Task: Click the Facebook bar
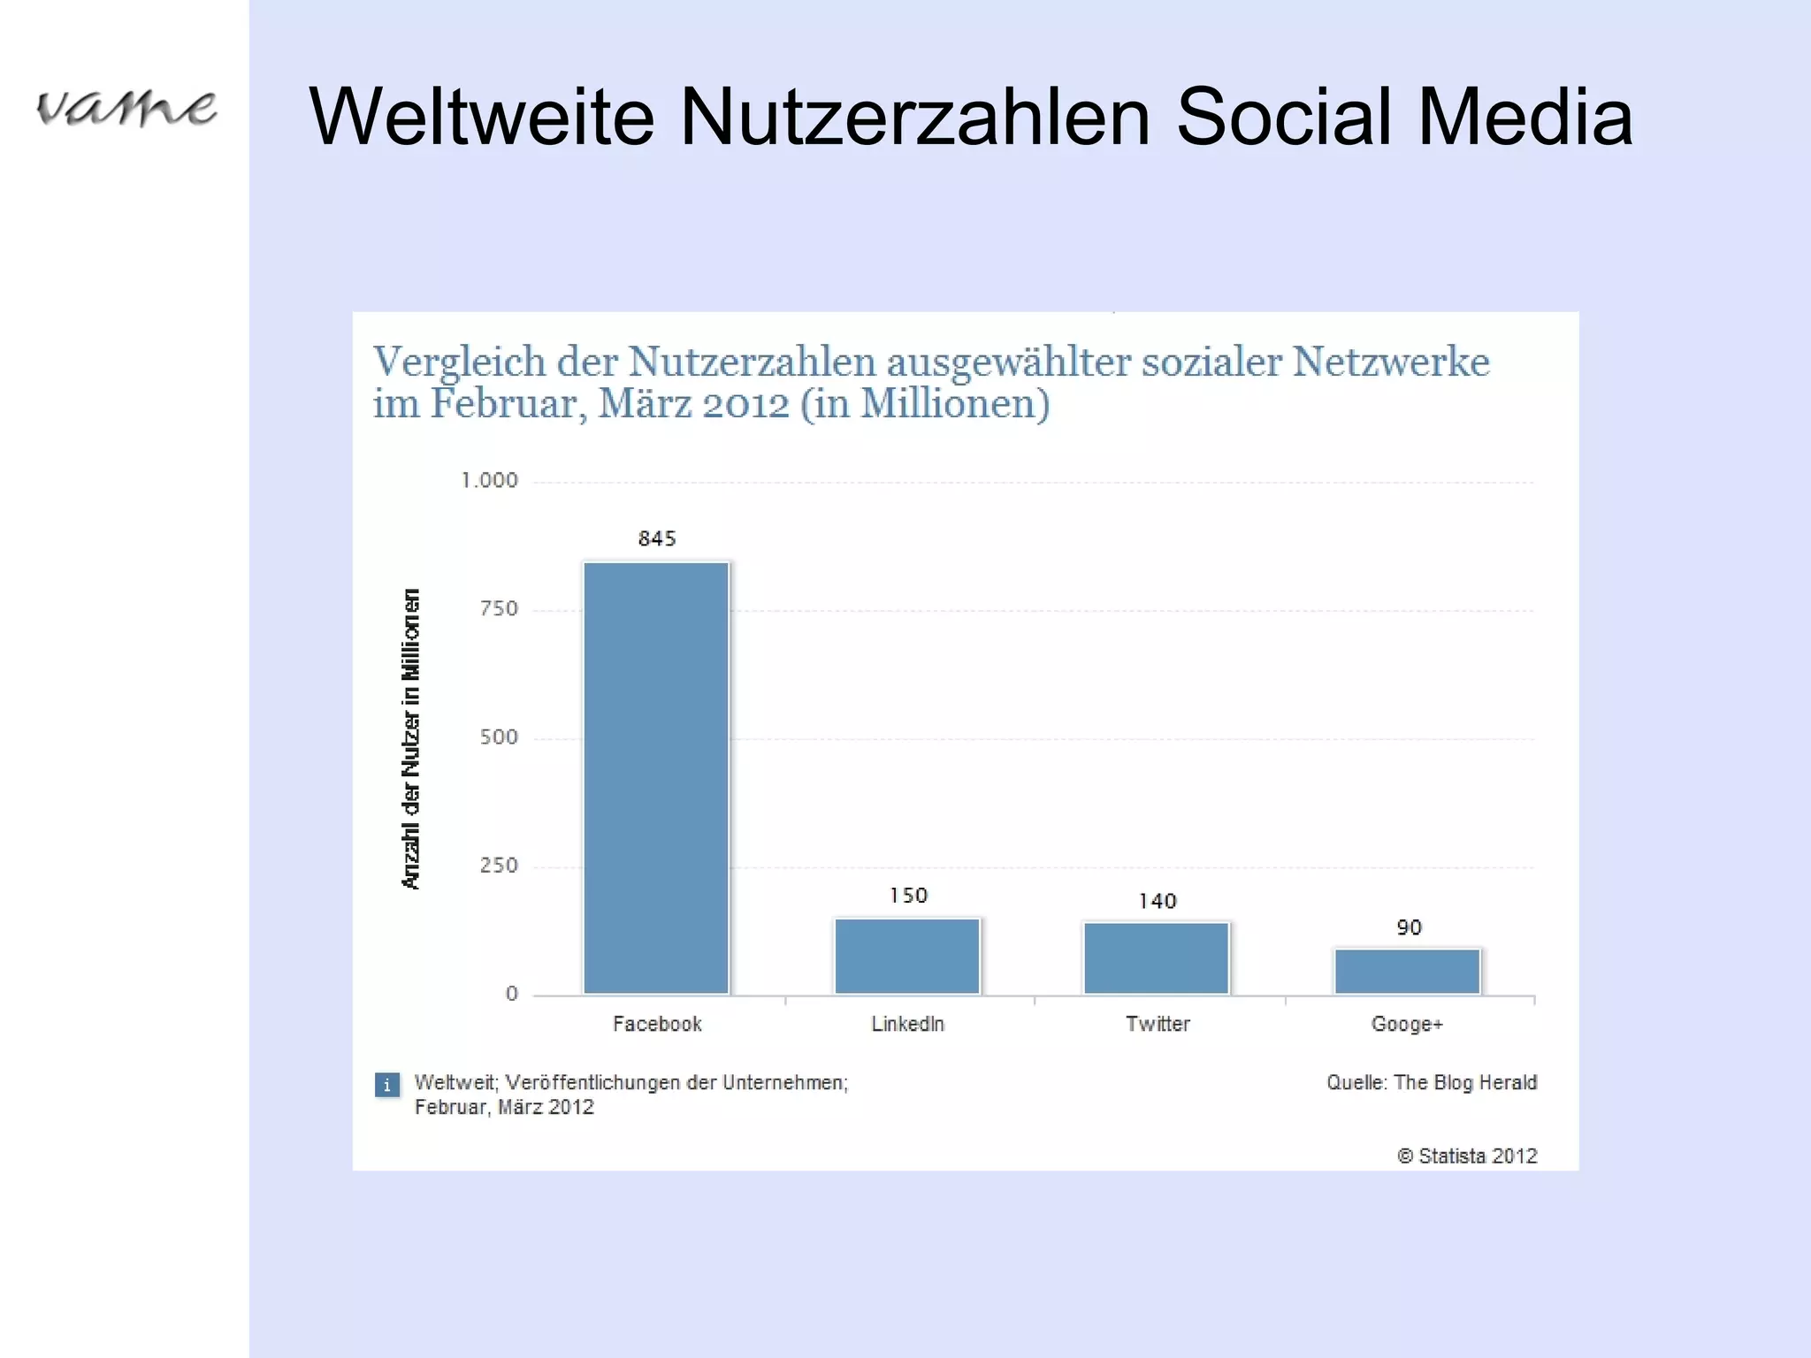(x=656, y=778)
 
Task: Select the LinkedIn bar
(x=907, y=957)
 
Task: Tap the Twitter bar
(x=1157, y=958)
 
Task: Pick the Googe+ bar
(x=1407, y=972)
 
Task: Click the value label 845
(x=657, y=538)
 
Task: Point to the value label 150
(x=908, y=896)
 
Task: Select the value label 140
(x=1158, y=901)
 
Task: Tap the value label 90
(x=1409, y=927)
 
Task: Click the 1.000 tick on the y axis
(x=490, y=480)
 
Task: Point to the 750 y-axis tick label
(x=499, y=608)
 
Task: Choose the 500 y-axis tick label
(x=499, y=737)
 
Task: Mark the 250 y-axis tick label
(x=499, y=866)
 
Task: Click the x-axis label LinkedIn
(x=908, y=1024)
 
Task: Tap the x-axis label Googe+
(x=1407, y=1024)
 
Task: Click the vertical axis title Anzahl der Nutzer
(x=411, y=738)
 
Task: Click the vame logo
(x=126, y=108)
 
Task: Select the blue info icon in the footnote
(x=386, y=1085)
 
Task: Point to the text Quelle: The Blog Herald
(x=1432, y=1082)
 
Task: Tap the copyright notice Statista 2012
(x=1468, y=1156)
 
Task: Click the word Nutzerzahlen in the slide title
(x=914, y=117)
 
